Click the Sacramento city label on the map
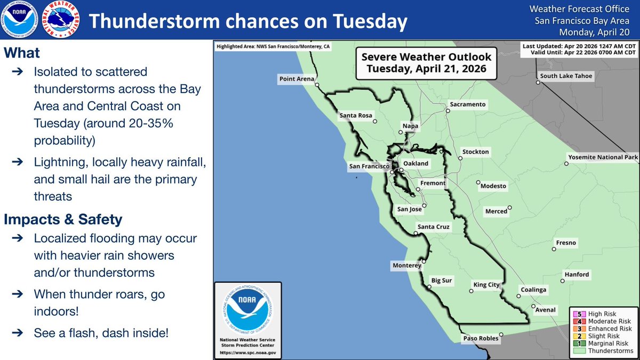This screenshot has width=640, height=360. click(x=468, y=105)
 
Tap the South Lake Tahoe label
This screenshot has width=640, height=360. click(x=566, y=76)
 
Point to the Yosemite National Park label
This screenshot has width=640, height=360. click(x=603, y=157)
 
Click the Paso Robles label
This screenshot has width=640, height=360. click(x=480, y=338)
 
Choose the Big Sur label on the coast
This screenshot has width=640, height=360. click(x=442, y=280)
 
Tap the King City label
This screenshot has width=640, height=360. click(x=486, y=285)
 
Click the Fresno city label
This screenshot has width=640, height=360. click(x=566, y=243)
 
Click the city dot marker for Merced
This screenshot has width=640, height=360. click(x=510, y=208)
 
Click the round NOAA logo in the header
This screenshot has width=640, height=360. click(x=20, y=20)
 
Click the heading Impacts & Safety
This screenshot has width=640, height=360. click(x=63, y=219)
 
